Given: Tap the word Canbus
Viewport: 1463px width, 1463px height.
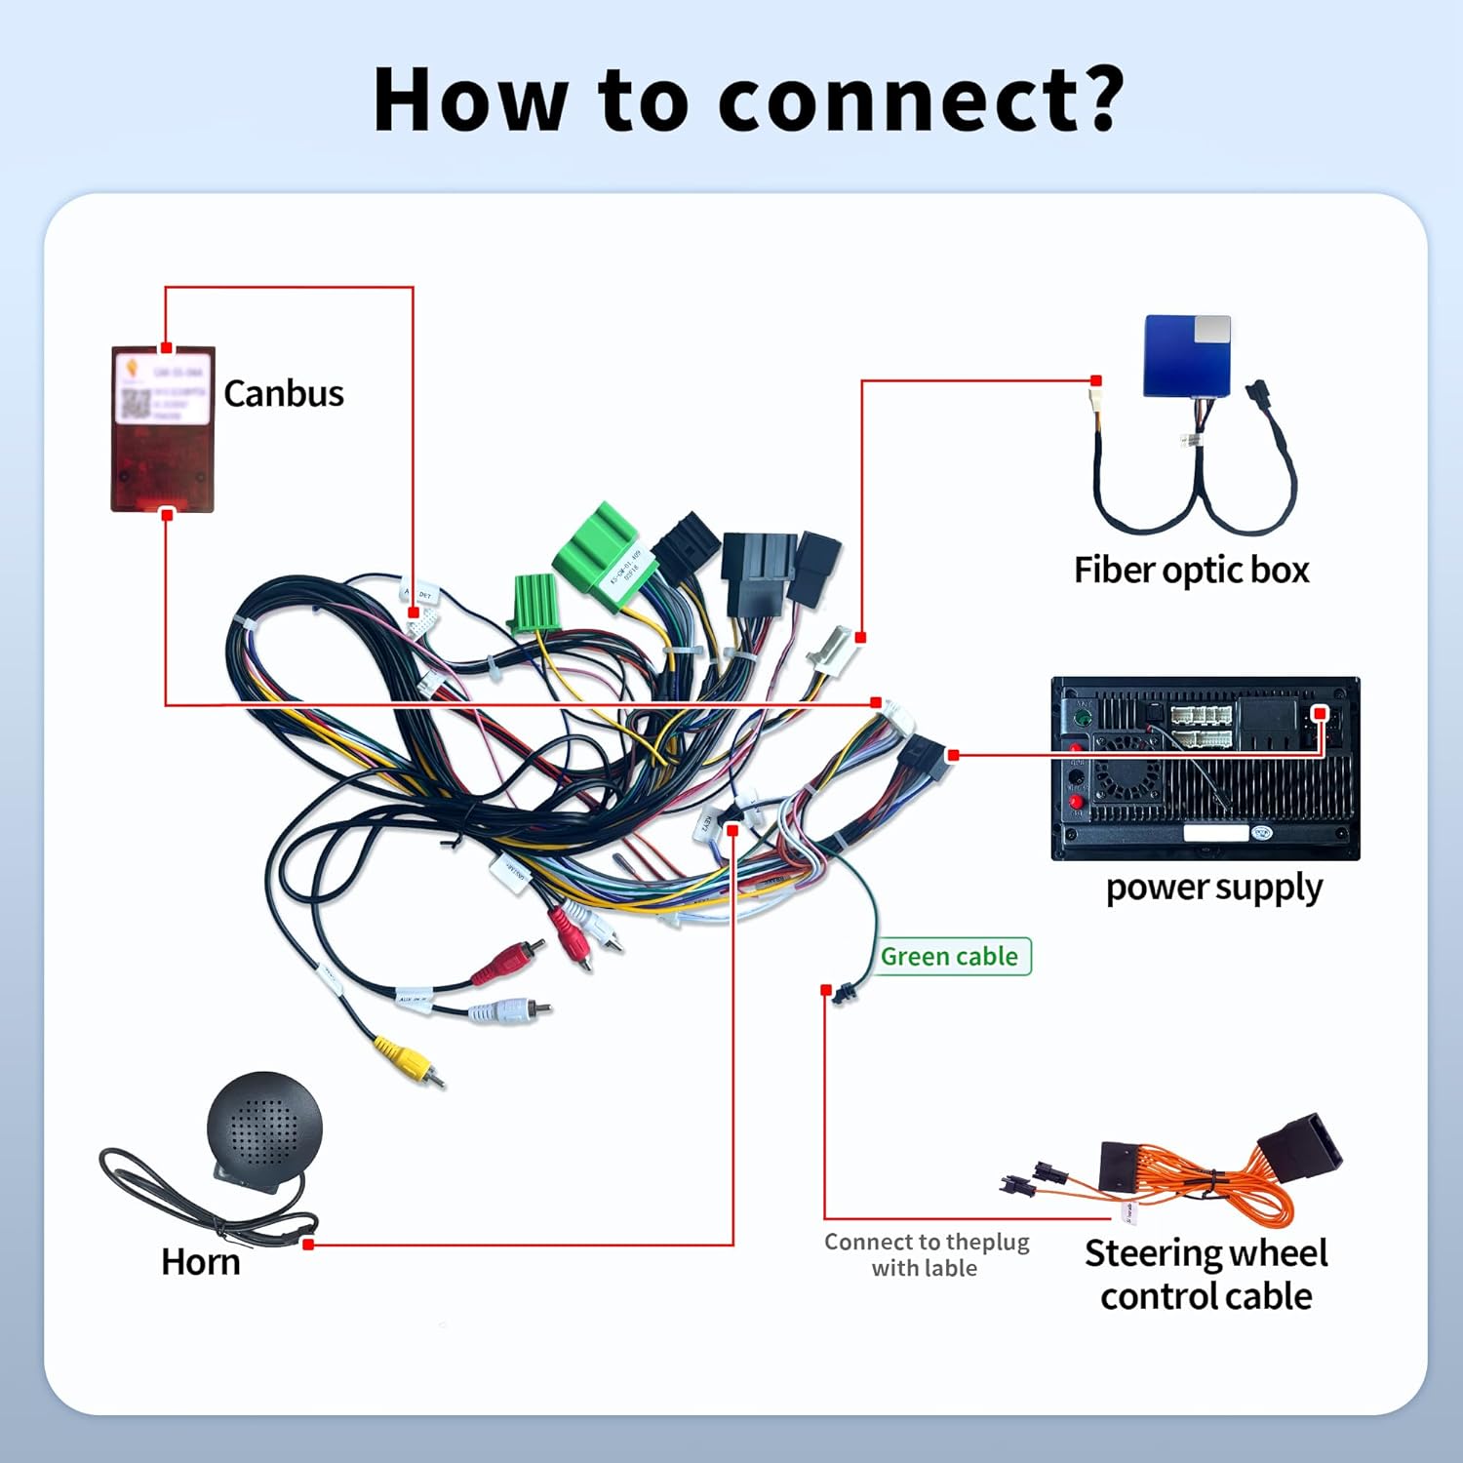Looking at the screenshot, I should click(283, 393).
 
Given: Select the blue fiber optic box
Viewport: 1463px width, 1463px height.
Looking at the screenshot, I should click(1186, 356).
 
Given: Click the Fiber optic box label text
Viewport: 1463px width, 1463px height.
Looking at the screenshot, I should click(1191, 570).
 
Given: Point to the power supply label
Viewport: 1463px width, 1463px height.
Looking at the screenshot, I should click(1213, 888).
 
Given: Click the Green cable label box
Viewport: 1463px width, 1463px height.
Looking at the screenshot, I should click(950, 956).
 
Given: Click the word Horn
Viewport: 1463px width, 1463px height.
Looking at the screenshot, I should click(200, 1261).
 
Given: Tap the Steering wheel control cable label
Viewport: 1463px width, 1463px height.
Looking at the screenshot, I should click(1206, 1274).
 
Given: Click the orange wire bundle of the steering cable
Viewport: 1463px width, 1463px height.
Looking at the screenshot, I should click(1229, 1185).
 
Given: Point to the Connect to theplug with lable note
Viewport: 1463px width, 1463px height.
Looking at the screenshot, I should click(926, 1254).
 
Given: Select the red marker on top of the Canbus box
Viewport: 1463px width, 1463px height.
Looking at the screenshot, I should click(166, 348).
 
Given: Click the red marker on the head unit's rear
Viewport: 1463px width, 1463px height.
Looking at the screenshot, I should click(1320, 714).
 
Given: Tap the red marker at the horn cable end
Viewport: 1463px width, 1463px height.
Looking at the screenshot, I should click(308, 1245).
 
